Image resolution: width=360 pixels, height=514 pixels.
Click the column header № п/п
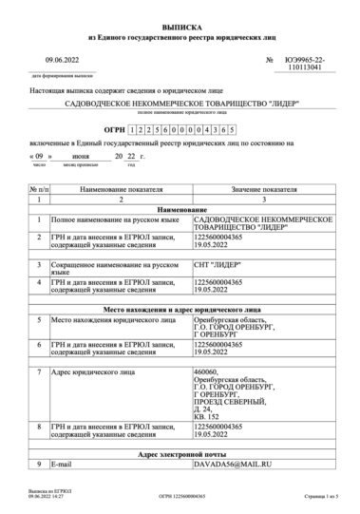coord(38,190)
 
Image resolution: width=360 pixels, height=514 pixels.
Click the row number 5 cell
coord(38,320)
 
